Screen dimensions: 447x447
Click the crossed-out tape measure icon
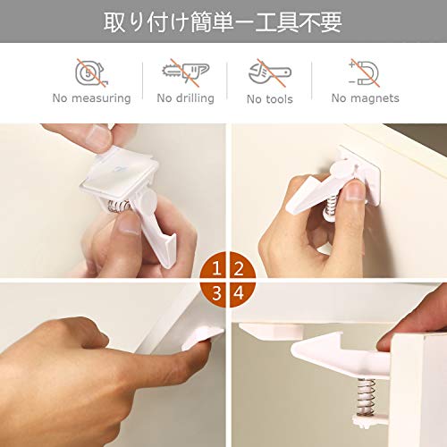(91, 73)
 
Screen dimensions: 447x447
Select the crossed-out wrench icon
(270, 73)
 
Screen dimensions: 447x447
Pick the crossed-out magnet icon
(364, 73)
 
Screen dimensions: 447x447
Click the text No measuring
(91, 98)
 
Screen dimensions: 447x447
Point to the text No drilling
(185, 98)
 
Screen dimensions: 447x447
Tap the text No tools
(270, 99)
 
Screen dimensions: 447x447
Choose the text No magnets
(365, 98)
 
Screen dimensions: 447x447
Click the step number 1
(216, 268)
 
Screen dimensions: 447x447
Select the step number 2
(239, 268)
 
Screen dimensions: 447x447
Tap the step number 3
(216, 293)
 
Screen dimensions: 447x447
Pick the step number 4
(239, 293)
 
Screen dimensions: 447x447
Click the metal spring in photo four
(367, 397)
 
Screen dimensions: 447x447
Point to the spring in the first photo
(119, 207)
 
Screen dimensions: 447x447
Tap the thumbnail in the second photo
(354, 190)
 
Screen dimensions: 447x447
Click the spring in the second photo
(331, 206)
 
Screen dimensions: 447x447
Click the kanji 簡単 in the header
(212, 21)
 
